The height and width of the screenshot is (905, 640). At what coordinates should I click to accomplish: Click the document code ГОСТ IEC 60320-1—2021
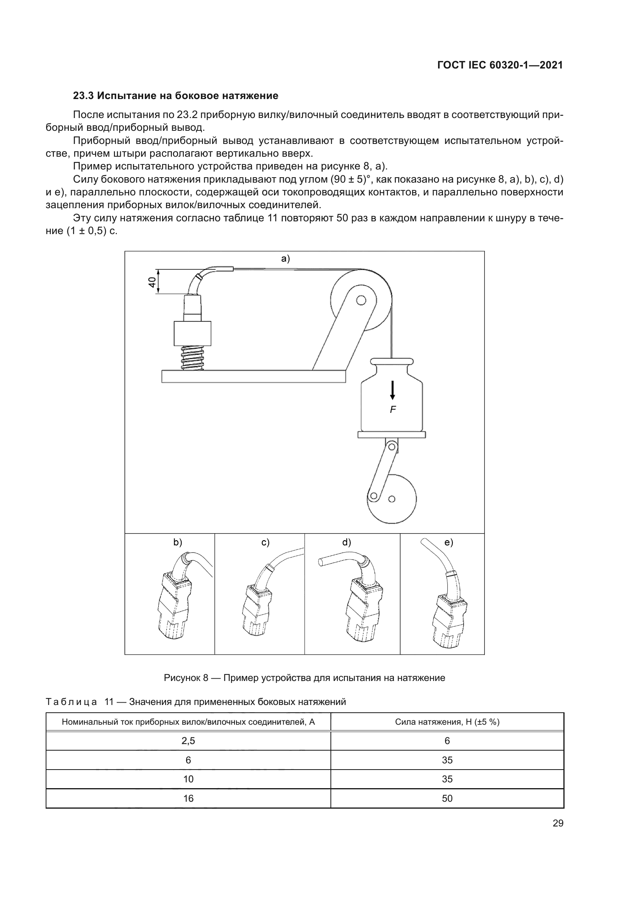coord(500,65)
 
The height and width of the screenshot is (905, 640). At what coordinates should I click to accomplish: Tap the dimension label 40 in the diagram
coord(152,281)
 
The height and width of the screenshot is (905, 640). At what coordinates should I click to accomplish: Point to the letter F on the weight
coord(392,409)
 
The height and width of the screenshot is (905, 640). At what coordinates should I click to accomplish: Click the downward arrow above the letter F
coord(392,390)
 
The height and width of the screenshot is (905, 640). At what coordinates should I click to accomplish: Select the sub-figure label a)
coord(285,258)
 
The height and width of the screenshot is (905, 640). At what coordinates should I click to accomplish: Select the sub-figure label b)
coord(178,542)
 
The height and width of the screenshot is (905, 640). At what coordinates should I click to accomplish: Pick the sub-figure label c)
coord(265,542)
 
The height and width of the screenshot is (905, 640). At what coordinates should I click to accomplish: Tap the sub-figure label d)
coord(346,542)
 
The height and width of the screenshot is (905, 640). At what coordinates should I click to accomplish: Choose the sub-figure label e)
coord(449,542)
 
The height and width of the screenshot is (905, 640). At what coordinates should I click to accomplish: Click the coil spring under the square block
coord(192,358)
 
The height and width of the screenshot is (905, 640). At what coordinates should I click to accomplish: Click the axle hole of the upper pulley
coord(361,300)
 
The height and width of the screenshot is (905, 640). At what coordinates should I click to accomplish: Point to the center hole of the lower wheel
coord(392,499)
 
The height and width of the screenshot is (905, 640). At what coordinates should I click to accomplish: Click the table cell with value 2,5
coord(188,741)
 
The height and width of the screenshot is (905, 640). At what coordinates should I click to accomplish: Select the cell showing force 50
coord(447,798)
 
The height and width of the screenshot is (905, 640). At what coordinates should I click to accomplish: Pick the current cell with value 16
coord(188,798)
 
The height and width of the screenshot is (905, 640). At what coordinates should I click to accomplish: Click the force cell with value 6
coord(447,741)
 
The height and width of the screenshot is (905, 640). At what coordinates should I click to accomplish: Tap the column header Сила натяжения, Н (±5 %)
coord(447,722)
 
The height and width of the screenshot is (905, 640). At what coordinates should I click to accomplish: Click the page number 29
coord(558,823)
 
